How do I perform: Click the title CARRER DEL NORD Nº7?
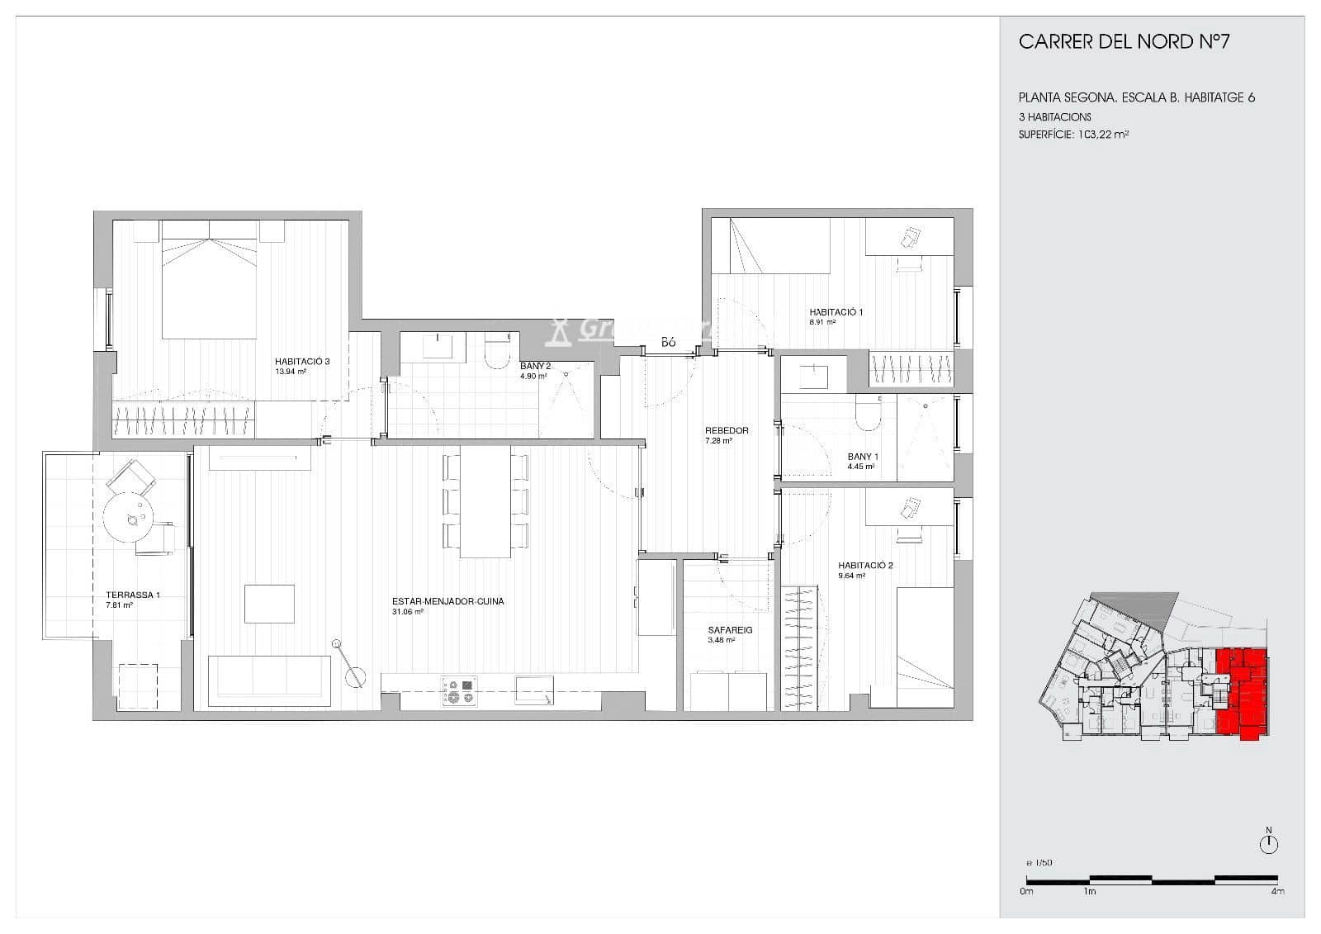(x=1124, y=42)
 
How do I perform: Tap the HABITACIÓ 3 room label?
(x=302, y=361)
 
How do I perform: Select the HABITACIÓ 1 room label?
(x=836, y=312)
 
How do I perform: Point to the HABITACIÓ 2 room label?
(x=865, y=566)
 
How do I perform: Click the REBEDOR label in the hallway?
(x=727, y=430)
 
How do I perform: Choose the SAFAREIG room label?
(x=730, y=630)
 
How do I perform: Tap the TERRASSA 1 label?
(x=133, y=595)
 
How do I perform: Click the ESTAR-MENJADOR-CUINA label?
(x=447, y=601)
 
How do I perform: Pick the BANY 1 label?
(x=863, y=457)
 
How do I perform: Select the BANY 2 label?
(x=535, y=366)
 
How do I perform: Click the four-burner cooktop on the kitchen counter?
(x=460, y=690)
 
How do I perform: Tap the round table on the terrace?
(x=130, y=518)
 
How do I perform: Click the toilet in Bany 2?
(x=498, y=353)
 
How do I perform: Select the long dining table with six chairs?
(x=485, y=501)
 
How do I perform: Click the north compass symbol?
(x=1269, y=844)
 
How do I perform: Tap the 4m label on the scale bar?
(x=1276, y=892)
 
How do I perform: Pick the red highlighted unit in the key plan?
(x=1242, y=694)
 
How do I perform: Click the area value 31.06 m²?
(x=408, y=613)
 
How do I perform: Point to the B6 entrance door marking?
(x=668, y=342)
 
